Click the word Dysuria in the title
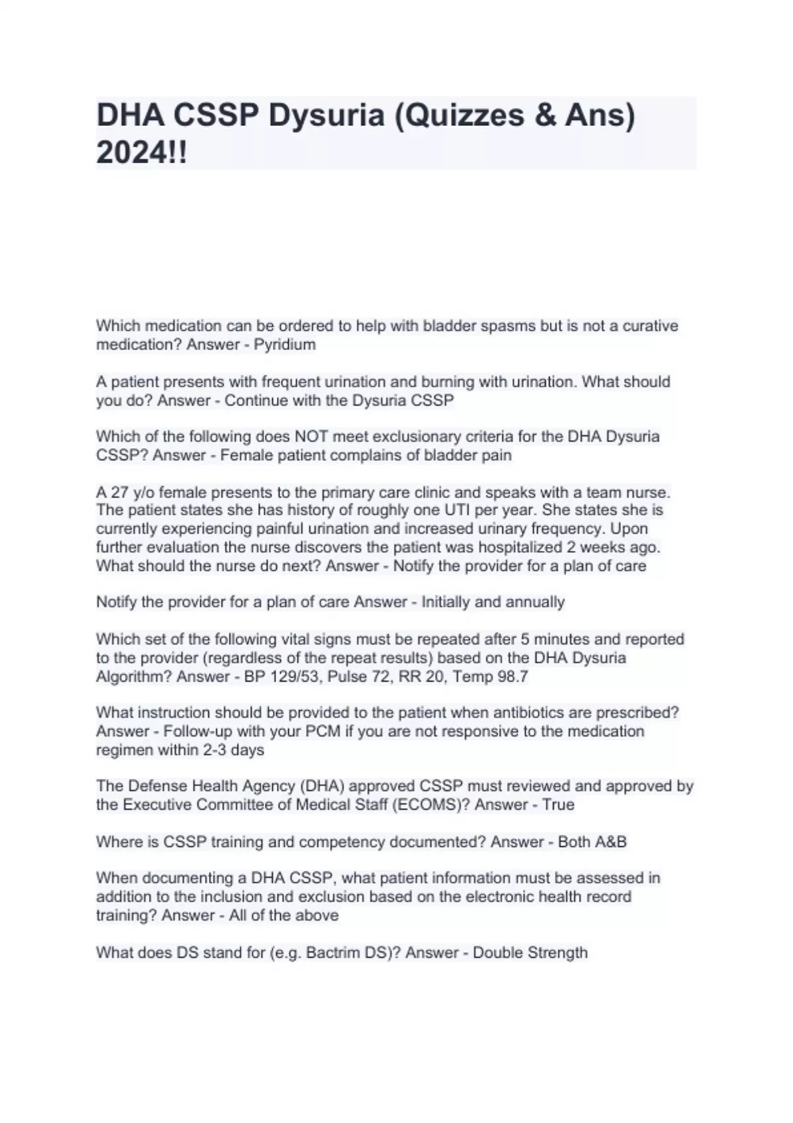pyautogui.click(x=326, y=116)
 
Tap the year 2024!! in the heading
pyautogui.click(x=141, y=153)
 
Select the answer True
pyautogui.click(x=558, y=805)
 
